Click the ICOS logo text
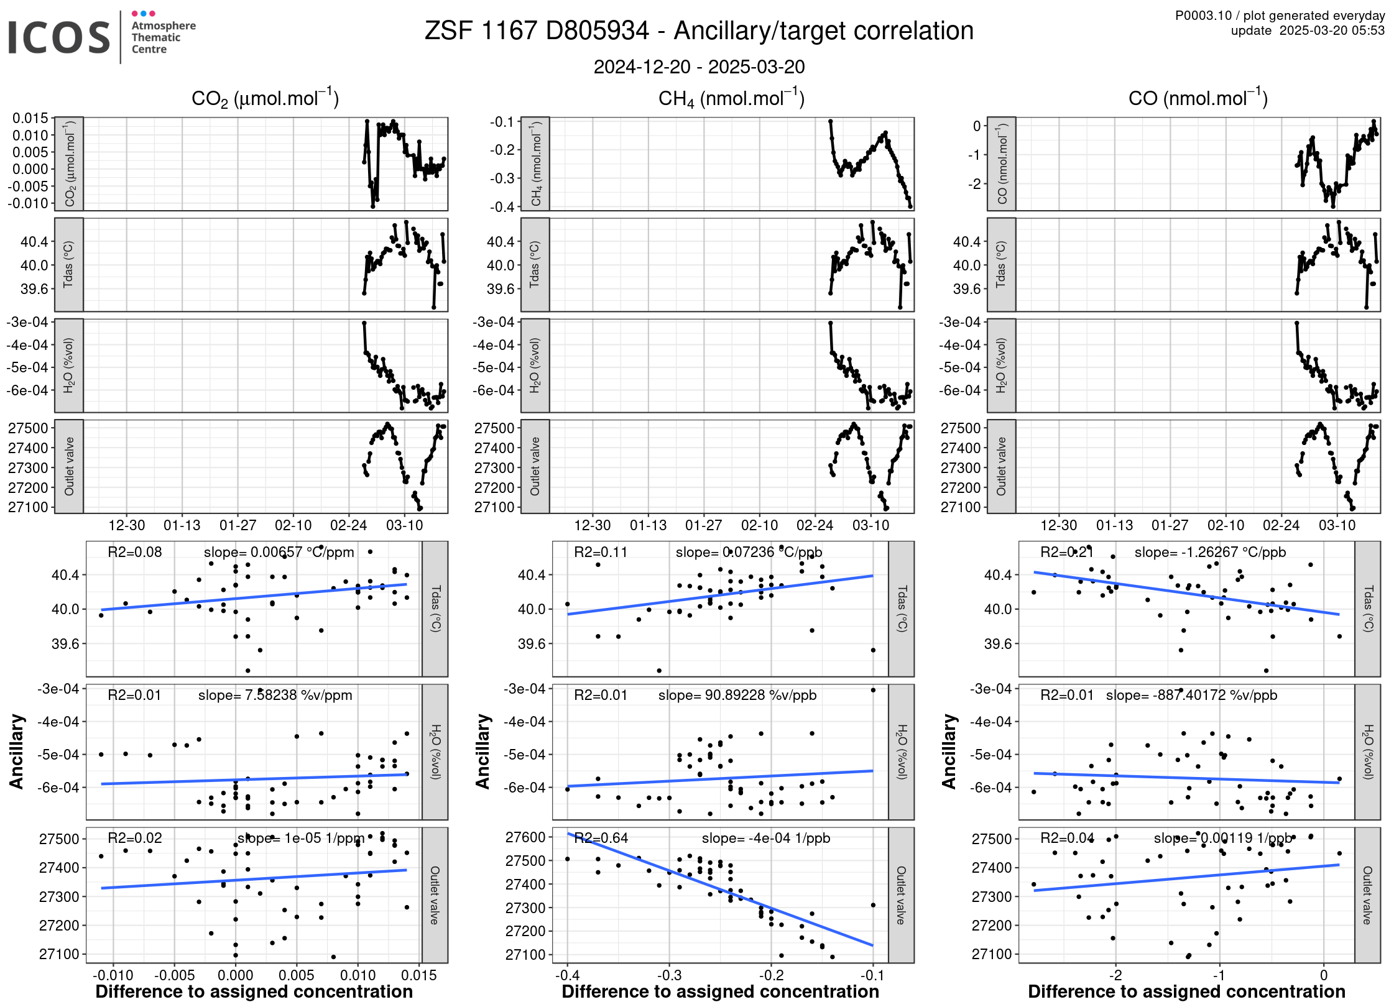tap(59, 37)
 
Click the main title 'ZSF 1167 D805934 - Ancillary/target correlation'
tap(699, 31)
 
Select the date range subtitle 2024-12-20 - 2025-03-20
tap(699, 67)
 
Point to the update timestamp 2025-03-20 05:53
tap(1331, 30)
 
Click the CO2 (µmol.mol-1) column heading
tap(265, 99)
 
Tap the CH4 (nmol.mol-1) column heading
tap(731, 99)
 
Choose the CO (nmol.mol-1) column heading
tap(1198, 99)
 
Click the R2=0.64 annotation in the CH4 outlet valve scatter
tap(601, 838)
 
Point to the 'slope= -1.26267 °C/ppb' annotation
tap(1210, 552)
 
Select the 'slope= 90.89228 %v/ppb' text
tap(737, 695)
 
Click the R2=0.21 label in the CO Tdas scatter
tap(1067, 552)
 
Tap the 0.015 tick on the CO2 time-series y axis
tap(30, 118)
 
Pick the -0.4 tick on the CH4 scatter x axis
tap(567, 975)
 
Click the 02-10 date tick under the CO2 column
tap(293, 525)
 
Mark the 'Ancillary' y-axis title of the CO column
tap(949, 752)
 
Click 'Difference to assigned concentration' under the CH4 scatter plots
tap(720, 992)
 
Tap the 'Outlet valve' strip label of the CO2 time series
tap(69, 466)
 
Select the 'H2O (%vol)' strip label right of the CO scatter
tap(1367, 752)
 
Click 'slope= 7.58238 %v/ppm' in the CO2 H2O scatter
tap(275, 695)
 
